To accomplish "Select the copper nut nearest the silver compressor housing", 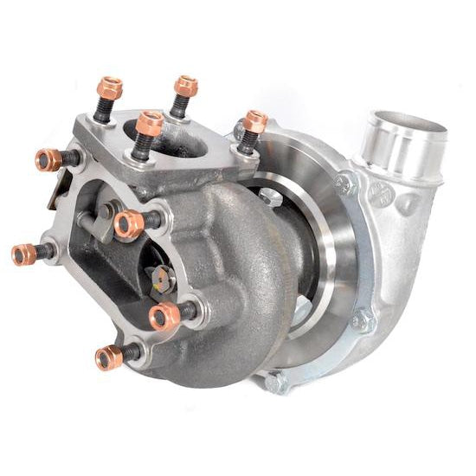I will pyautogui.click(x=254, y=123).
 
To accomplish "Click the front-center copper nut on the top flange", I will pyautogui.click(x=149, y=123).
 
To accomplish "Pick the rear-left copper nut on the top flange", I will pyautogui.click(x=110, y=87).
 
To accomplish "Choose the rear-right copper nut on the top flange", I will pyautogui.click(x=185, y=86).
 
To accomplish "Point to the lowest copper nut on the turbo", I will pyautogui.click(x=109, y=357).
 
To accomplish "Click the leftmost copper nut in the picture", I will pyautogui.click(x=24, y=254).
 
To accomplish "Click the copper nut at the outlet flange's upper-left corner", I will pyautogui.click(x=48, y=159).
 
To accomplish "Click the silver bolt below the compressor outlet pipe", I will pyautogui.click(x=348, y=183).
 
